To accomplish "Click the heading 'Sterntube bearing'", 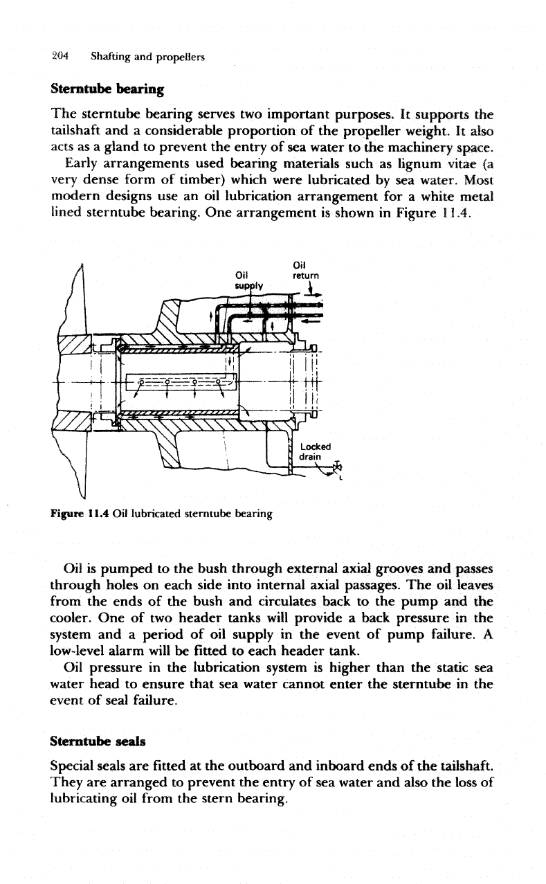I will point(107,89).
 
